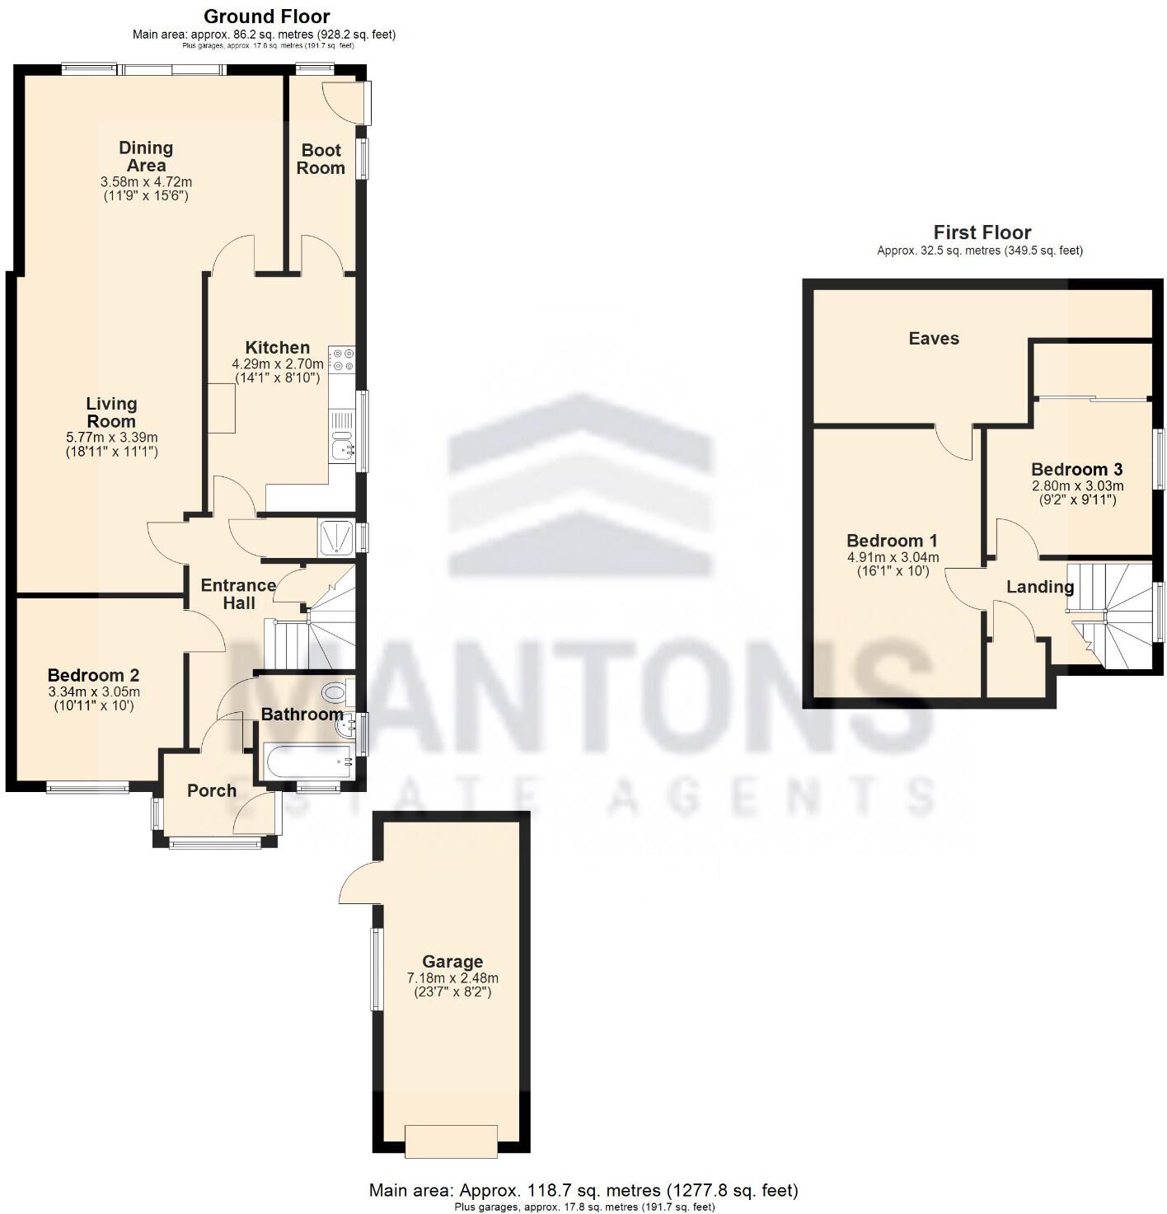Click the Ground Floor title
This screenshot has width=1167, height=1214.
pos(266,16)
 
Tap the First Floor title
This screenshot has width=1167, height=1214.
pos(982,232)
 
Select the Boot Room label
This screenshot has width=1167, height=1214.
pos(321,159)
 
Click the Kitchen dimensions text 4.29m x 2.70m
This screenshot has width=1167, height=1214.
pos(277,363)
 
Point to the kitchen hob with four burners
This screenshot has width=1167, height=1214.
pos(341,360)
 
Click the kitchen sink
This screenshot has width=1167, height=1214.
pos(341,449)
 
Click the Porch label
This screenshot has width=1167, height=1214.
pos(212,790)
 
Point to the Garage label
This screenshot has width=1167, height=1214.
pos(452,961)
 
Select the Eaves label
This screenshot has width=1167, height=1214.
pos(934,338)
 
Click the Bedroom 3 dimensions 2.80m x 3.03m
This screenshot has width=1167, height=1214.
pos(1077,486)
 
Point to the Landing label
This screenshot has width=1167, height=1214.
pos(1039,587)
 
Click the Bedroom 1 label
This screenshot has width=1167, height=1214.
pos(892,541)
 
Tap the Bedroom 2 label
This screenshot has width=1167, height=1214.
pos(93,675)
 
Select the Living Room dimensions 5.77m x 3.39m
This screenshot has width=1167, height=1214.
pos(111,438)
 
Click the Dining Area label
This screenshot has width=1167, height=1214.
pos(146,157)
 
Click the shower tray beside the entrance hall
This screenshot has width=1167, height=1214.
pos(335,537)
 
